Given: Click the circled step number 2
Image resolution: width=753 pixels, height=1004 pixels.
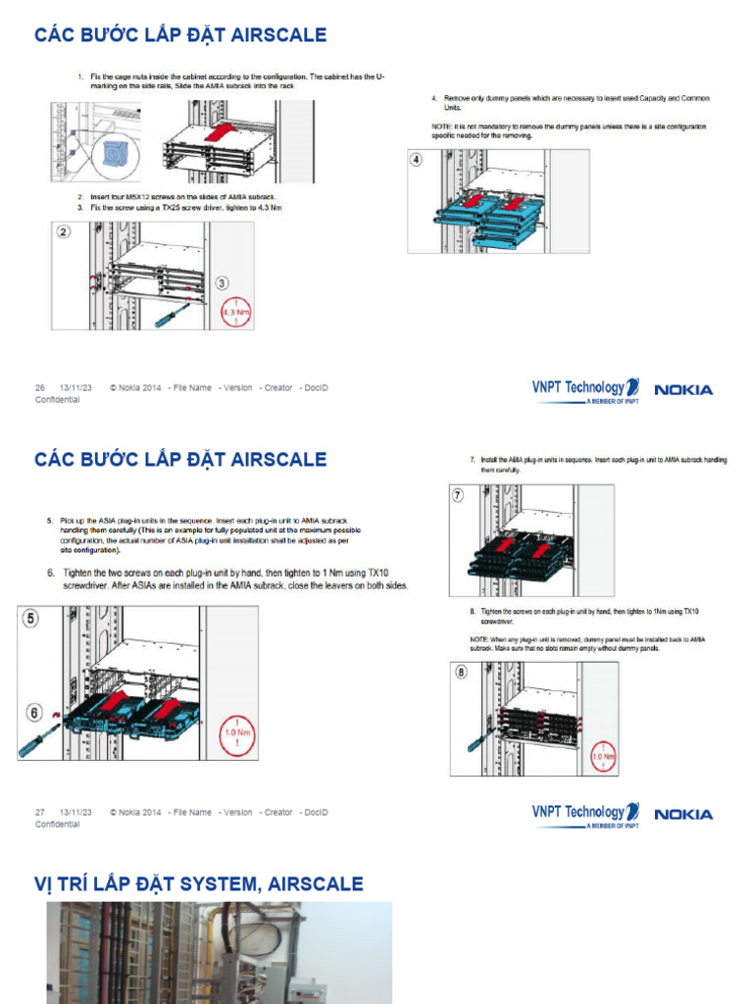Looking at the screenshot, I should pos(64,233).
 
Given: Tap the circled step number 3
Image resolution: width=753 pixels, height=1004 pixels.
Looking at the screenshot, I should pos(223,283).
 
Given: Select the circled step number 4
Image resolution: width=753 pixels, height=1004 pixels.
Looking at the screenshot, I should pos(417,160).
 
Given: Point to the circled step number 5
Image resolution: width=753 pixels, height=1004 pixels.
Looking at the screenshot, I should pos(30,619).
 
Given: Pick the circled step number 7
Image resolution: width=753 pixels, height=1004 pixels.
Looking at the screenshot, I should pos(459,495).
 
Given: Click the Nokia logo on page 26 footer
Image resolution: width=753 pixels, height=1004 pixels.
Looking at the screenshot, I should pos(683,390).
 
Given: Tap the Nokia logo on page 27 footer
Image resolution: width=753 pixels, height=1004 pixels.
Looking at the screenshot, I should pos(683,814).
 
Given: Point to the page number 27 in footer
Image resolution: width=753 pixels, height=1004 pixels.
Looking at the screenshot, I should pos(40,812).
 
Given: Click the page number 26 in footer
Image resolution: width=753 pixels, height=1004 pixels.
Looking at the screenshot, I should pos(40,387).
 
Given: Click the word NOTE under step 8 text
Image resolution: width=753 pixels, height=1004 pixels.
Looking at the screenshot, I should pos(481,639).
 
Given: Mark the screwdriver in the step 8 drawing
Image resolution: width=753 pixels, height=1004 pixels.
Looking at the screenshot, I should pos(478,738).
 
